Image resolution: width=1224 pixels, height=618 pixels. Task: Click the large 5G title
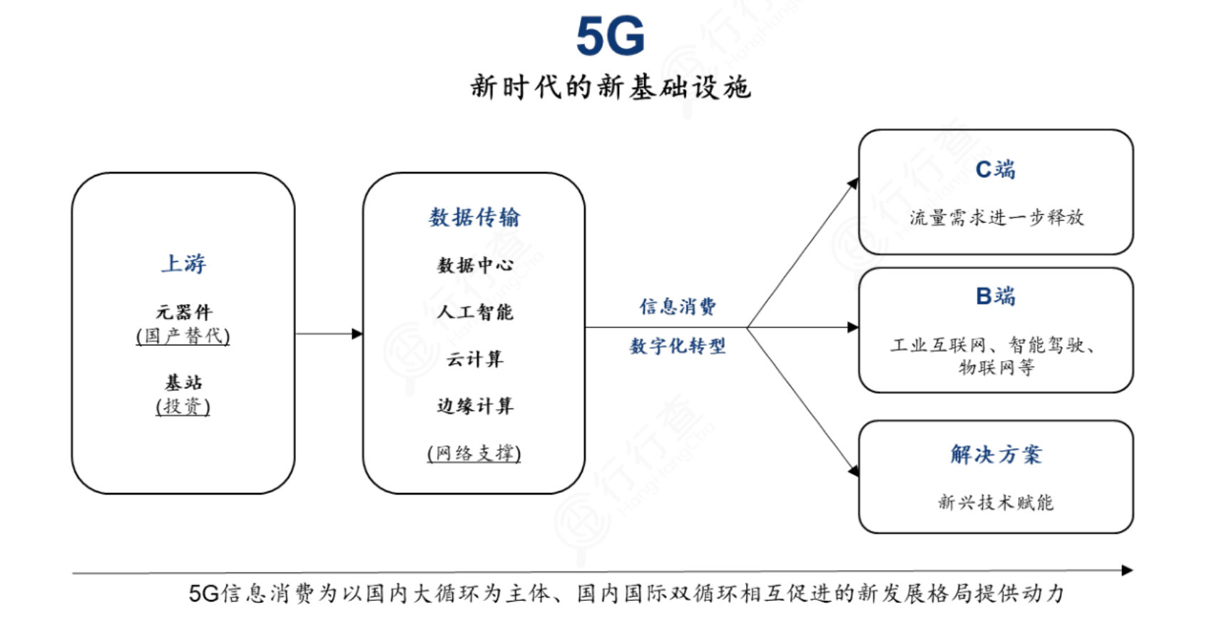tap(610, 36)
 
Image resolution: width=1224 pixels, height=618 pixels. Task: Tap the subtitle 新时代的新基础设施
tap(610, 87)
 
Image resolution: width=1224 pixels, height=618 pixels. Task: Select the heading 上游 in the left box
tap(183, 263)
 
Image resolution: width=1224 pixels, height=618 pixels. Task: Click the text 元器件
tap(183, 312)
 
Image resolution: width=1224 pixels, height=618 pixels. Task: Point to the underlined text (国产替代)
tap(183, 336)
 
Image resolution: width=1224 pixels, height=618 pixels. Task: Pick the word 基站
tap(183, 383)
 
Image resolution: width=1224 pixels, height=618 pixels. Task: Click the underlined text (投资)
tap(183, 407)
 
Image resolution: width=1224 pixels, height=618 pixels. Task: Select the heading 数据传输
tap(474, 217)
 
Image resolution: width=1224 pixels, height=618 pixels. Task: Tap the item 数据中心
tap(474, 265)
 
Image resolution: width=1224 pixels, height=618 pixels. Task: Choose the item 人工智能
tap(474, 312)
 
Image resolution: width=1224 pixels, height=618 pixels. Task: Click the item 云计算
tap(474, 359)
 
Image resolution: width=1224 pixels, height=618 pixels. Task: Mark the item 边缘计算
tap(474, 406)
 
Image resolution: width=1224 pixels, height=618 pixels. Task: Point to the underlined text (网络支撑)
tap(474, 453)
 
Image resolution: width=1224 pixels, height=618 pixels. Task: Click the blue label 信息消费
tap(678, 307)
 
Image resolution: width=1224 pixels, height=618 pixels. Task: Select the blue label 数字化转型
tap(678, 346)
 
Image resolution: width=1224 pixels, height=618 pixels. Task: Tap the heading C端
tap(995, 169)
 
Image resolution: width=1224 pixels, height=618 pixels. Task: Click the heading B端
tap(995, 295)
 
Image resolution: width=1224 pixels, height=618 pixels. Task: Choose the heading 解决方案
tap(996, 455)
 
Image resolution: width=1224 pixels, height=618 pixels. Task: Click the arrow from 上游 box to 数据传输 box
tap(329, 333)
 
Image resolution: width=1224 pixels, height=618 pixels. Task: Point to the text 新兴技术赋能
tap(996, 502)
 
